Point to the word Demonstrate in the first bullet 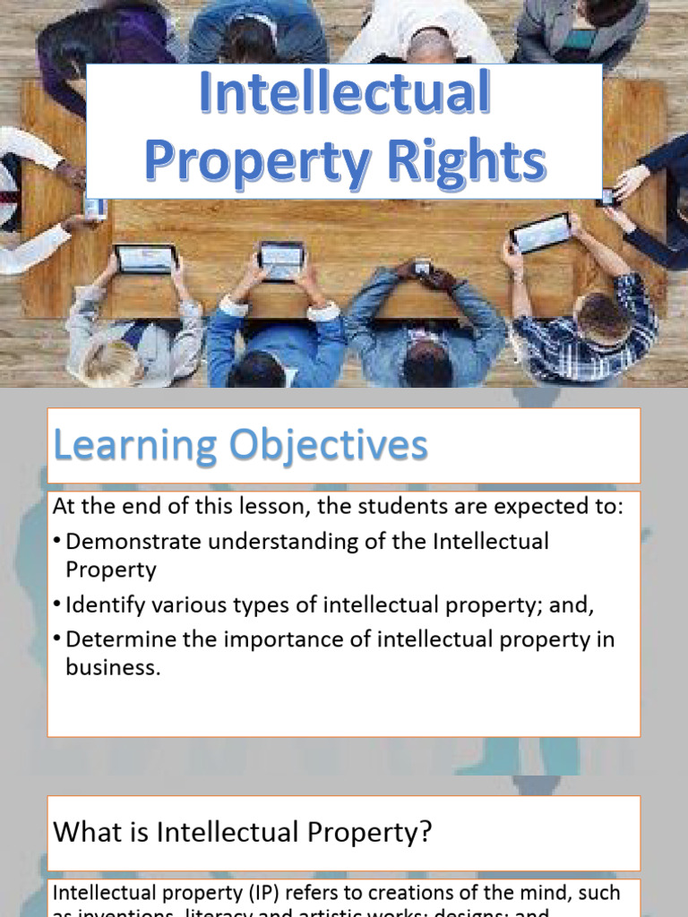(133, 542)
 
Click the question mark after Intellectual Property (426, 833)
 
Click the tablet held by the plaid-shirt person (540, 233)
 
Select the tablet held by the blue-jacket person (281, 260)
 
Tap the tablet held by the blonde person (145, 260)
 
